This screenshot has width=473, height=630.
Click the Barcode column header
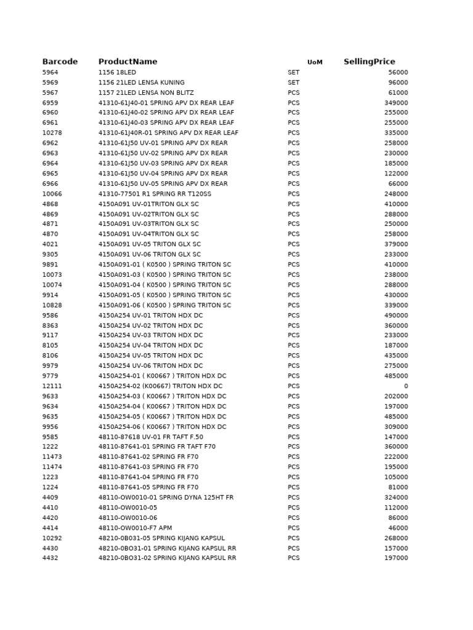[60, 62]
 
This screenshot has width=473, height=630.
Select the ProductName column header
[127, 62]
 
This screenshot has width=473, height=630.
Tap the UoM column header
[315, 62]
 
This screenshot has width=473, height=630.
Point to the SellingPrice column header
[369, 62]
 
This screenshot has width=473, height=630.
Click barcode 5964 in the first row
[51, 73]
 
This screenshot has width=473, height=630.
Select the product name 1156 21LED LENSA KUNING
[141, 82]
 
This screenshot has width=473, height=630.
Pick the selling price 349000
[396, 103]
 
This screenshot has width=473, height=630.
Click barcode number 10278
[52, 133]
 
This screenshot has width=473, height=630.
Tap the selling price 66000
[398, 184]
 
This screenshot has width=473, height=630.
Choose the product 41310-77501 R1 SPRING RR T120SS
[155, 194]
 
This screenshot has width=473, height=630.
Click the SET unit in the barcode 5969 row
[293, 82]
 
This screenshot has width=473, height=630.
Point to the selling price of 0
[405, 386]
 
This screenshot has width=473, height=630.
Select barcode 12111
[52, 386]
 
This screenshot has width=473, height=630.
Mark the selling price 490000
[396, 316]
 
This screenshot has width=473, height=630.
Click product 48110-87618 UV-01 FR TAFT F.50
[150, 437]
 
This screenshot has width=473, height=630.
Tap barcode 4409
[51, 498]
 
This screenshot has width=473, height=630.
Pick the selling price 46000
[398, 528]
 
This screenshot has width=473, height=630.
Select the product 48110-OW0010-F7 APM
[135, 528]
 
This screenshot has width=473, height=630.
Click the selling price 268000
[396, 538]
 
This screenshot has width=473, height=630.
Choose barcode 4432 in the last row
[51, 558]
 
